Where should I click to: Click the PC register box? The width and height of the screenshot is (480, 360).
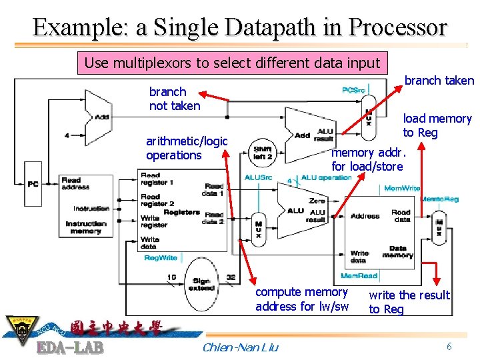(x=33, y=184)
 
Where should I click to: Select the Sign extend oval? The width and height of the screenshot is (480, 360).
(x=201, y=285)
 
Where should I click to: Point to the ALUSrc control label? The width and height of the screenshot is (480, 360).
(x=258, y=177)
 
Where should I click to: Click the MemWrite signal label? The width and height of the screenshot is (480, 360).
(x=402, y=189)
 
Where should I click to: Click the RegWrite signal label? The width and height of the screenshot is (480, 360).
(x=161, y=257)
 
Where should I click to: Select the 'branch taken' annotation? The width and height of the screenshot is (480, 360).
(x=439, y=81)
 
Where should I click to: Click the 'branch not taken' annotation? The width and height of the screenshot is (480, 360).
(x=174, y=99)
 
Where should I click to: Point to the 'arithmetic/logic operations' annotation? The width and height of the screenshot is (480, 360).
(x=187, y=148)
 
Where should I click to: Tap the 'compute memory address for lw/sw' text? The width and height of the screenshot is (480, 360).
(x=302, y=299)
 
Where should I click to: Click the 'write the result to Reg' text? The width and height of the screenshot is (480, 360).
(x=409, y=302)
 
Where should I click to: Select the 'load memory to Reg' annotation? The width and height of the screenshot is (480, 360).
(x=437, y=125)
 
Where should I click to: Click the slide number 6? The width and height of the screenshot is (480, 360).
(x=449, y=346)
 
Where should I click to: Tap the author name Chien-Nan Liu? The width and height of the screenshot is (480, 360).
(x=240, y=347)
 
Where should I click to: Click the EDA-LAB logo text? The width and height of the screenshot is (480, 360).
(x=69, y=348)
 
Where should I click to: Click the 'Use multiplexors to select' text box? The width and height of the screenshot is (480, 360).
(x=232, y=63)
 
